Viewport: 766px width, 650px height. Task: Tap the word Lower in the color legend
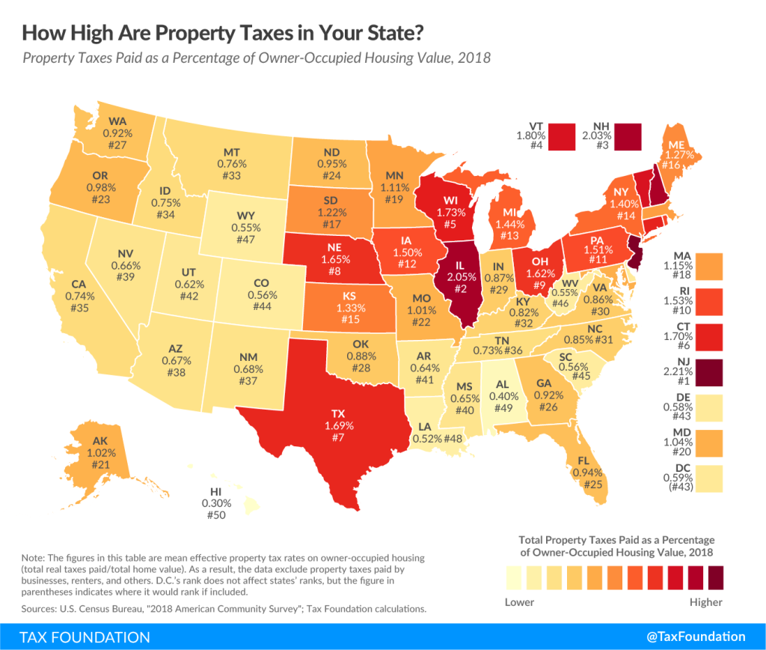click(x=519, y=601)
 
